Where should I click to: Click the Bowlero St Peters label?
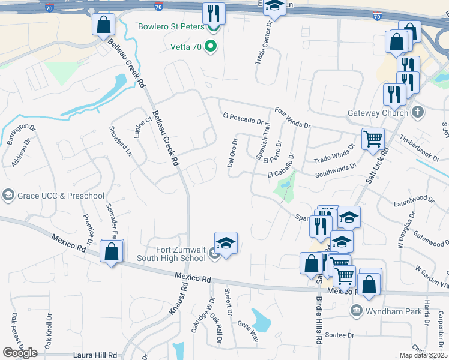point(171,27)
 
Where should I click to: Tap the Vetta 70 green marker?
point(210,46)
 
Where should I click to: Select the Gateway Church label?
point(377,113)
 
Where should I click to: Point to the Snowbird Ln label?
point(119,140)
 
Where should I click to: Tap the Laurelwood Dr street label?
point(414,199)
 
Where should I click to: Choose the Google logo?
point(20,353)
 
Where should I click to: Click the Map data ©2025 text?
point(423,355)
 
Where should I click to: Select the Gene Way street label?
point(248,331)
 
